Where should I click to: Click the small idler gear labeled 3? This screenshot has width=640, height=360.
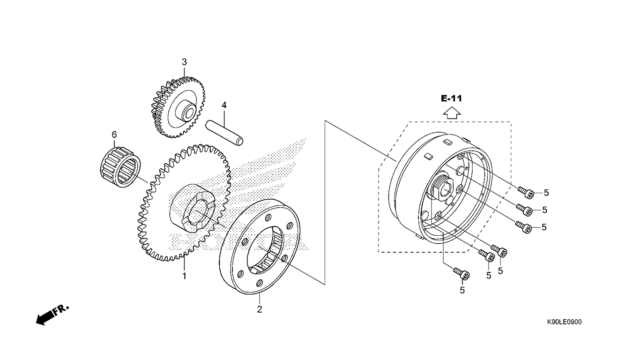pyautogui.click(x=178, y=107)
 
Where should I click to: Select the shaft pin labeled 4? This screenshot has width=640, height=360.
pyautogui.click(x=224, y=133)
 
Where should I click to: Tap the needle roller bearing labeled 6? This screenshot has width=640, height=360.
pyautogui.click(x=120, y=167)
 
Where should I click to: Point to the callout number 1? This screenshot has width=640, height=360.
pyautogui.click(x=185, y=276)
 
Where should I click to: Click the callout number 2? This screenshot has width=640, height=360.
pyautogui.click(x=260, y=309)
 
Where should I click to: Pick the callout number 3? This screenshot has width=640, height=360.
pyautogui.click(x=185, y=62)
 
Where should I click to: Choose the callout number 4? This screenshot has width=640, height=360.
pyautogui.click(x=224, y=105)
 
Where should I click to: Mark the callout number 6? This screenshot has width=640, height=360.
pyautogui.click(x=114, y=135)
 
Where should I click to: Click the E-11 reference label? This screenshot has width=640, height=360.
pyautogui.click(x=452, y=98)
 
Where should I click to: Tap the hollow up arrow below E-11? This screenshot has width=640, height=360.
pyautogui.click(x=452, y=112)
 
